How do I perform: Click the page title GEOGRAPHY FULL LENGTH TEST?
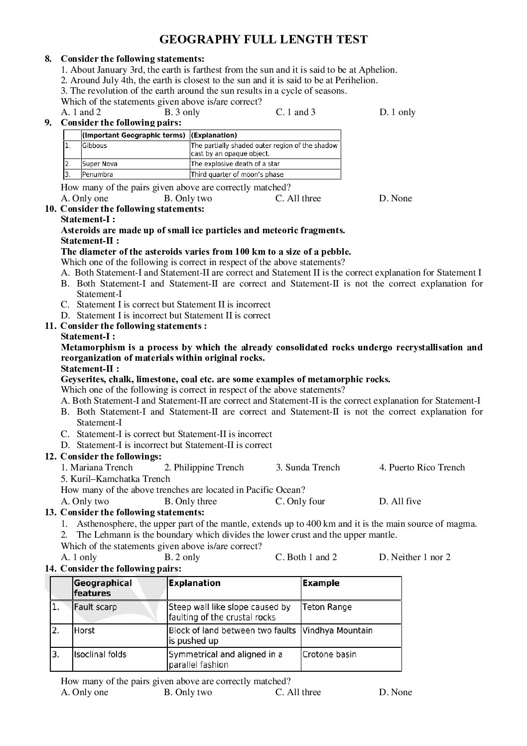pyautogui.click(x=263, y=39)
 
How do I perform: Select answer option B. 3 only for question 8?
pyautogui.click(x=182, y=112)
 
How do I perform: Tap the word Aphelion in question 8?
pyautogui.click(x=377, y=70)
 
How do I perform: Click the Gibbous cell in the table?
pyautogui.click(x=95, y=146)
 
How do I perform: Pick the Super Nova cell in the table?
pyautogui.click(x=100, y=164)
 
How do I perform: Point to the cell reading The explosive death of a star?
pyautogui.click(x=235, y=164)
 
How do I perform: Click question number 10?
pyautogui.click(x=50, y=209)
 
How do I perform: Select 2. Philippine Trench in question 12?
pyautogui.click(x=204, y=467)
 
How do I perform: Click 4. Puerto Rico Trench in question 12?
pyautogui.click(x=421, y=467)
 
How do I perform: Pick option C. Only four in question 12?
pyautogui.click(x=300, y=501)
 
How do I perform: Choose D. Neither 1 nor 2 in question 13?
pyautogui.click(x=414, y=557)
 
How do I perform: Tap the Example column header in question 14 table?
pyautogui.click(x=321, y=583)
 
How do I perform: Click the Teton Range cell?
pyautogui.click(x=327, y=607)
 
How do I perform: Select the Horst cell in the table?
pyautogui.click(x=84, y=630)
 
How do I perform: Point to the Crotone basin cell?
pyautogui.click(x=329, y=654)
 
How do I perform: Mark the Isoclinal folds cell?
pyautogui.click(x=100, y=654)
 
